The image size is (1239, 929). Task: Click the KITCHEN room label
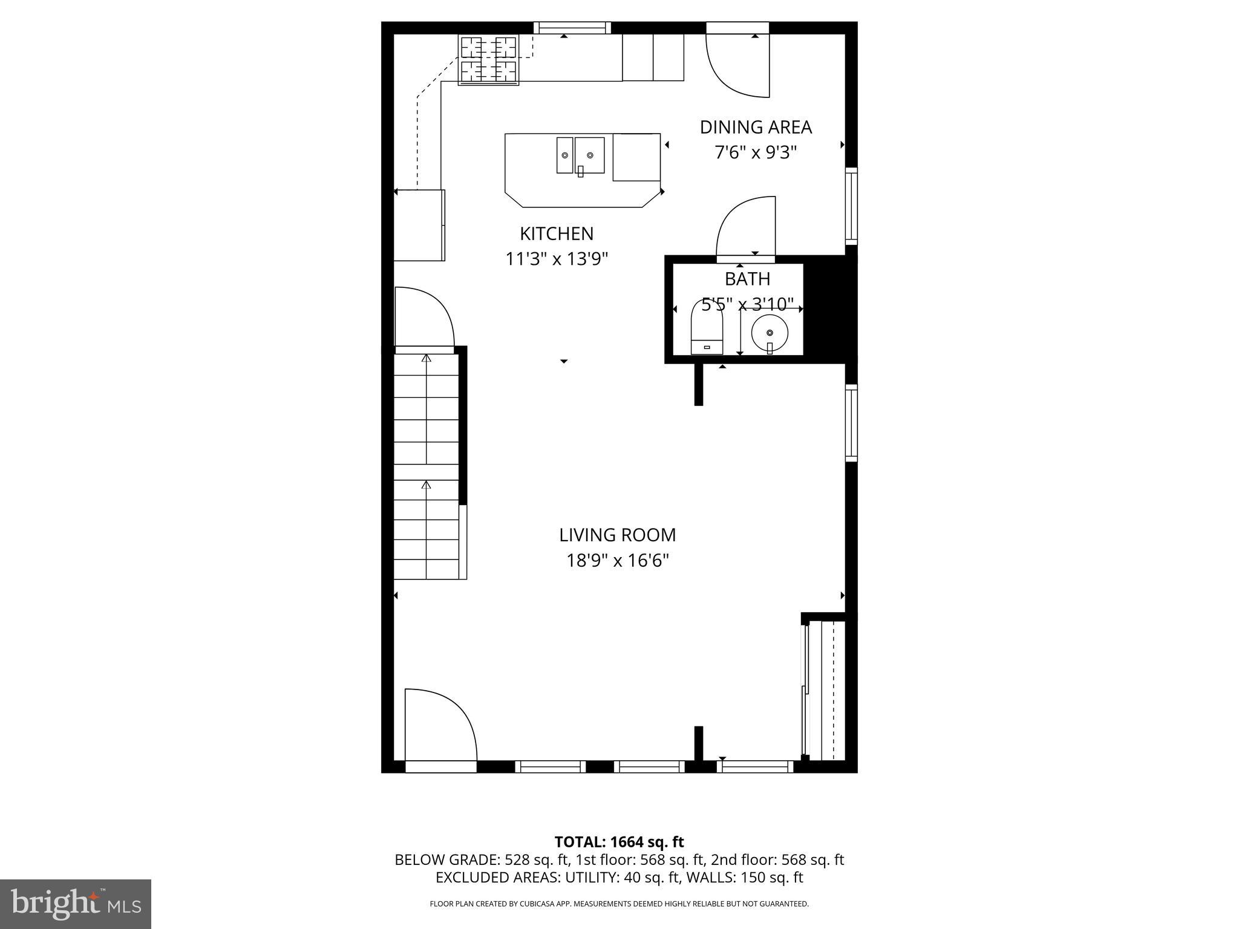coord(557,233)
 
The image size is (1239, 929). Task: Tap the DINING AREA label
coord(756,127)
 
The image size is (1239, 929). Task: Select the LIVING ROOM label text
coord(617,535)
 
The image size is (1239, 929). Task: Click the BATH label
coord(747,279)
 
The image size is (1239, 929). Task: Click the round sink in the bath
coord(770,333)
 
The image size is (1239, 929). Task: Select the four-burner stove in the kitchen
coord(489,60)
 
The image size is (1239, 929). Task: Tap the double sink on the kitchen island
coord(581,155)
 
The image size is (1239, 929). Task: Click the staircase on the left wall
coord(427,466)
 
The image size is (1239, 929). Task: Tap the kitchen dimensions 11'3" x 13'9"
coord(557,259)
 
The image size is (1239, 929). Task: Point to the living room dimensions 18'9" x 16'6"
coord(617,561)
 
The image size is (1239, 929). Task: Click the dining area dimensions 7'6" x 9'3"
coord(756,152)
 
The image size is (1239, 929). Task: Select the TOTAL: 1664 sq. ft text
coord(619,842)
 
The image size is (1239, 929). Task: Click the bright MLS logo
coord(76,904)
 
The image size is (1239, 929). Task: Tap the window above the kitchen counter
coord(572,28)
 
